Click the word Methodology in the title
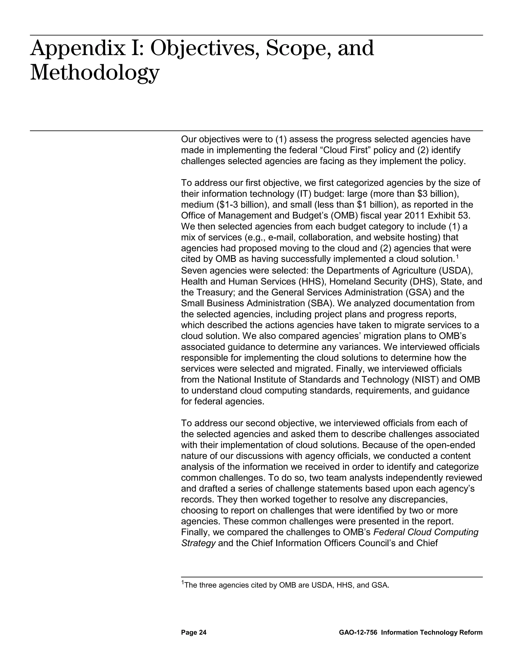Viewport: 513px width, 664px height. pos(94,73)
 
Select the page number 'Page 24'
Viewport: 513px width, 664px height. pos(194,632)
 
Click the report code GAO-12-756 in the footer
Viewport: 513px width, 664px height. pos(358,632)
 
